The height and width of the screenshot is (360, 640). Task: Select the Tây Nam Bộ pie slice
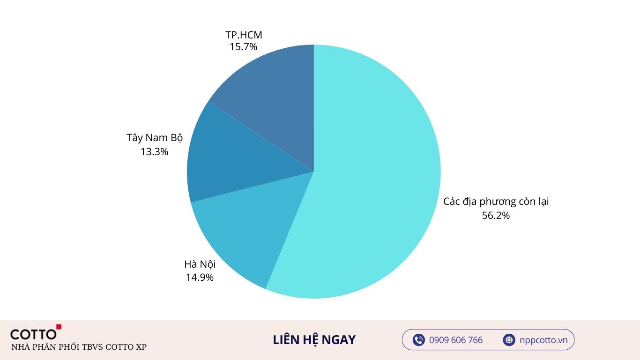tap(234, 159)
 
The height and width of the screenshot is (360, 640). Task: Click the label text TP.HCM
tap(244, 35)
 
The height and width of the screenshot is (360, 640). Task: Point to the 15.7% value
tap(243, 47)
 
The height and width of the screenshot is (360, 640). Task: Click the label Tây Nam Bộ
tap(154, 138)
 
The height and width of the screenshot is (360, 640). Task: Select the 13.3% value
tap(154, 152)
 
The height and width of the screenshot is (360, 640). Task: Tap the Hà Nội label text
tap(200, 264)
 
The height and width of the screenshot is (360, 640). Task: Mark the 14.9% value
tap(200, 277)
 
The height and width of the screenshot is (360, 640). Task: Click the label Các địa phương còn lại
tap(496, 202)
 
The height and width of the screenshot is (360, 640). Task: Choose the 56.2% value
tap(496, 216)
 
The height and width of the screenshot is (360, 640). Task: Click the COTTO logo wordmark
tap(33, 334)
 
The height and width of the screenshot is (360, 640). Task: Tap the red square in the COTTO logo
tap(59, 327)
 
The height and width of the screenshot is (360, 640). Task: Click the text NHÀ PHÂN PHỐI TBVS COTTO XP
tap(79, 347)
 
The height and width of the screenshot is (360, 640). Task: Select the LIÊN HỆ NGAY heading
tap(314, 340)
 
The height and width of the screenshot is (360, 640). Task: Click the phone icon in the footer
tap(418, 340)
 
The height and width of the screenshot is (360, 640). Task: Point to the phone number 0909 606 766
tap(456, 340)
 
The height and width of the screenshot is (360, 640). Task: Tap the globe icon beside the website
tap(509, 340)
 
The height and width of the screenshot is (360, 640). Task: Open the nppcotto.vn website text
tap(543, 340)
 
